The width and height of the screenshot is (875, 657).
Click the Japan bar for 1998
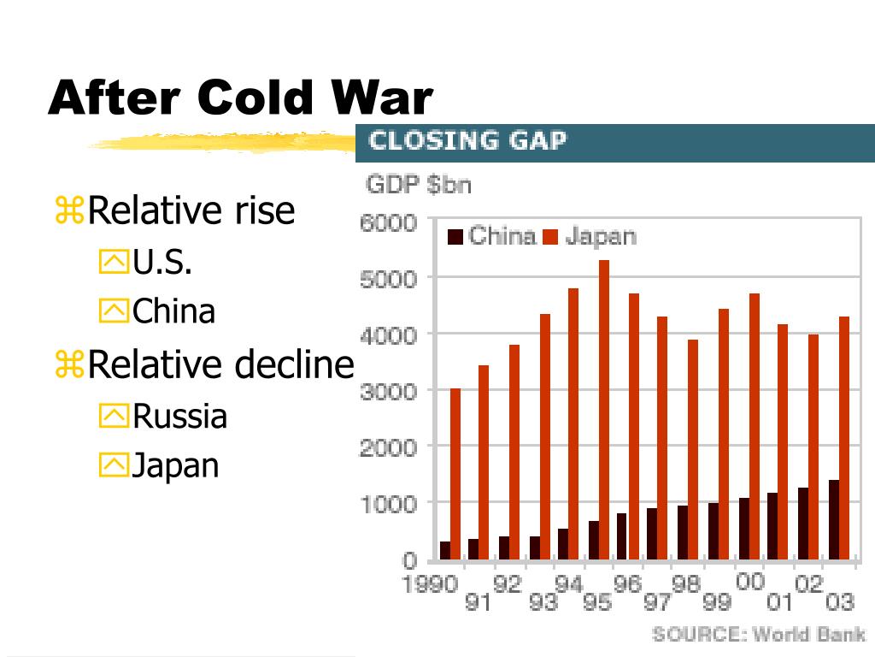point(693,449)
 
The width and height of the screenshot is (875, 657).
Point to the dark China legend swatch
point(455,236)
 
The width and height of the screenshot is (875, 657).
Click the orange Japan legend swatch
point(550,236)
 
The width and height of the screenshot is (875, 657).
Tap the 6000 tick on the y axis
point(386,222)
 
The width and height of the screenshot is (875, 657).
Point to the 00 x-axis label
point(749,583)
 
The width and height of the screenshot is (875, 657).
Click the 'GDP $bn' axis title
point(418,185)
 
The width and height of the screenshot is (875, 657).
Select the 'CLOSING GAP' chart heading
point(467,140)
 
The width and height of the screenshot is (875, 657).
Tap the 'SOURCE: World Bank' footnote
point(758,634)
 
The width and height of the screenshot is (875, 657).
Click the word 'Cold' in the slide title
point(255,98)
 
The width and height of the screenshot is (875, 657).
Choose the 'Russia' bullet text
point(180,417)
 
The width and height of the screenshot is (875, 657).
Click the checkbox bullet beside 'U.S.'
point(112,263)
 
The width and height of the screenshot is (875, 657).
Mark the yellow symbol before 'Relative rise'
point(68,211)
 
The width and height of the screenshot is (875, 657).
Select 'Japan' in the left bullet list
point(176,465)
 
